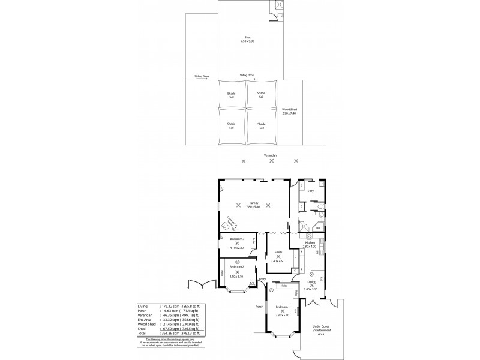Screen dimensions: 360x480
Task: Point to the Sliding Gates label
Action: [202, 76]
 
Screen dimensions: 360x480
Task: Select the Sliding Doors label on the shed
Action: [247, 75]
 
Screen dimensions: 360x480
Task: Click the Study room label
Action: [278, 252]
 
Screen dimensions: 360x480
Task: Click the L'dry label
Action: [310, 191]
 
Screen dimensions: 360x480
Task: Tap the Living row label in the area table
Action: [143, 305]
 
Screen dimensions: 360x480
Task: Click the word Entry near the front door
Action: [262, 280]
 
